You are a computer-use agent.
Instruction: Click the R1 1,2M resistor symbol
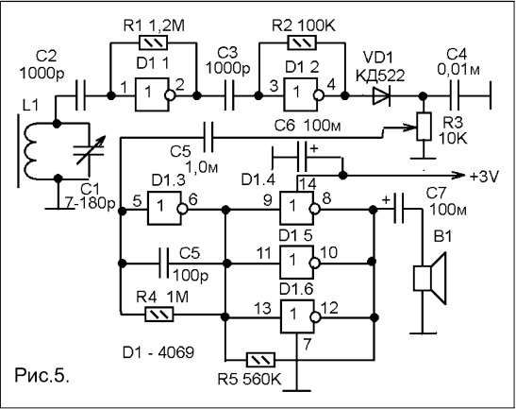154,43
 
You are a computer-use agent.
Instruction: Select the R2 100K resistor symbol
302,43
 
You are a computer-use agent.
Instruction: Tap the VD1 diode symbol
381,96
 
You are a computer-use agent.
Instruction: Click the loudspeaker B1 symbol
429,278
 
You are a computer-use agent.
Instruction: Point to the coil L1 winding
31,151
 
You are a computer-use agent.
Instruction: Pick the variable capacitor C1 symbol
89,151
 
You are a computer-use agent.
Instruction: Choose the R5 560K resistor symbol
260,360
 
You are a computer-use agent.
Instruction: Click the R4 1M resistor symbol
158,315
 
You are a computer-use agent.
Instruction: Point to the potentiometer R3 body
424,127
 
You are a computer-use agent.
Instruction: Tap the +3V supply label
484,177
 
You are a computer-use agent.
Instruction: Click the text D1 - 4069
158,352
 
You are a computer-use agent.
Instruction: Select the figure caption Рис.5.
42,375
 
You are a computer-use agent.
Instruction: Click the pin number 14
307,184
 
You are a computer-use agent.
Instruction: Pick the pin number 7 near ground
307,345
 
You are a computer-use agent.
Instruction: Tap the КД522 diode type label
380,77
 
